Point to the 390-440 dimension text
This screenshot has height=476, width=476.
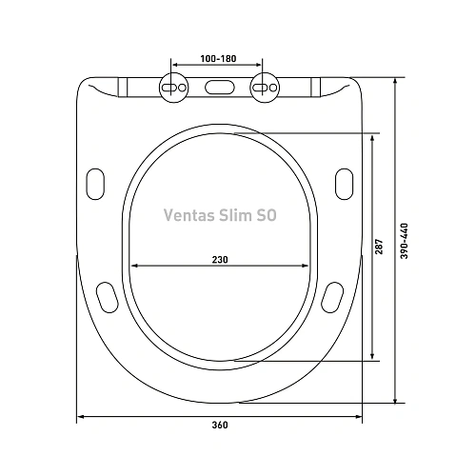point(405,243)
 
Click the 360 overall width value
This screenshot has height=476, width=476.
point(219,425)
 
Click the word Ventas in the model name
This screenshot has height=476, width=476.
point(186,216)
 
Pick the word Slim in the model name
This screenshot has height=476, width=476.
point(234,216)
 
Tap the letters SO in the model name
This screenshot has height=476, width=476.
point(268,216)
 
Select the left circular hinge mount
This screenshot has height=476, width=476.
point(175,87)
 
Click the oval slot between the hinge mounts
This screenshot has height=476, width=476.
point(218,88)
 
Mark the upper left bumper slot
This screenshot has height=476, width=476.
point(95,181)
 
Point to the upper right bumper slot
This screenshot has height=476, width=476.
point(345,181)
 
